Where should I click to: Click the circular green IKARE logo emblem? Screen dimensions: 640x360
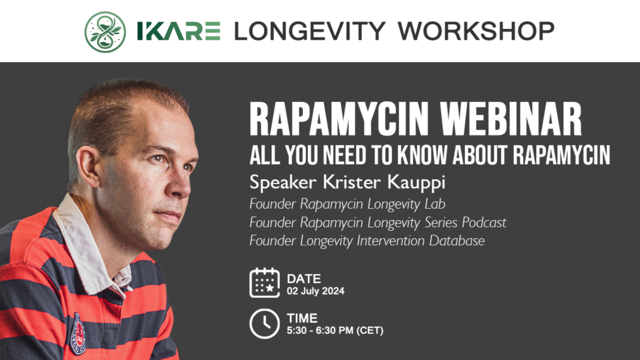coord(105,32)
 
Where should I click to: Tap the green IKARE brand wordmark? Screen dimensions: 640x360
coord(179,31)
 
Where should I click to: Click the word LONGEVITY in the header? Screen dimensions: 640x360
coord(310,31)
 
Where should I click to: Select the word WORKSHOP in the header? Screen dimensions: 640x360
coord(476,31)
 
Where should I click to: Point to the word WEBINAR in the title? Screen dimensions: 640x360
coord(511,118)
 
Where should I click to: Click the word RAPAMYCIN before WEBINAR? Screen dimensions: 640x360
coord(339,118)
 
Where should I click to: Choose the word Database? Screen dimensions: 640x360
coord(457,240)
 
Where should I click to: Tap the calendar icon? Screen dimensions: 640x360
coord(264,283)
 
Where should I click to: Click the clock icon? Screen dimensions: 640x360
coord(264,323)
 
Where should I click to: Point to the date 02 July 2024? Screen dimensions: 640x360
coord(315,291)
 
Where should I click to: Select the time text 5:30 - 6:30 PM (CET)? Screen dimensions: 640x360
coord(335,330)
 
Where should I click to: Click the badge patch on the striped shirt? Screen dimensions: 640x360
coord(77,333)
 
